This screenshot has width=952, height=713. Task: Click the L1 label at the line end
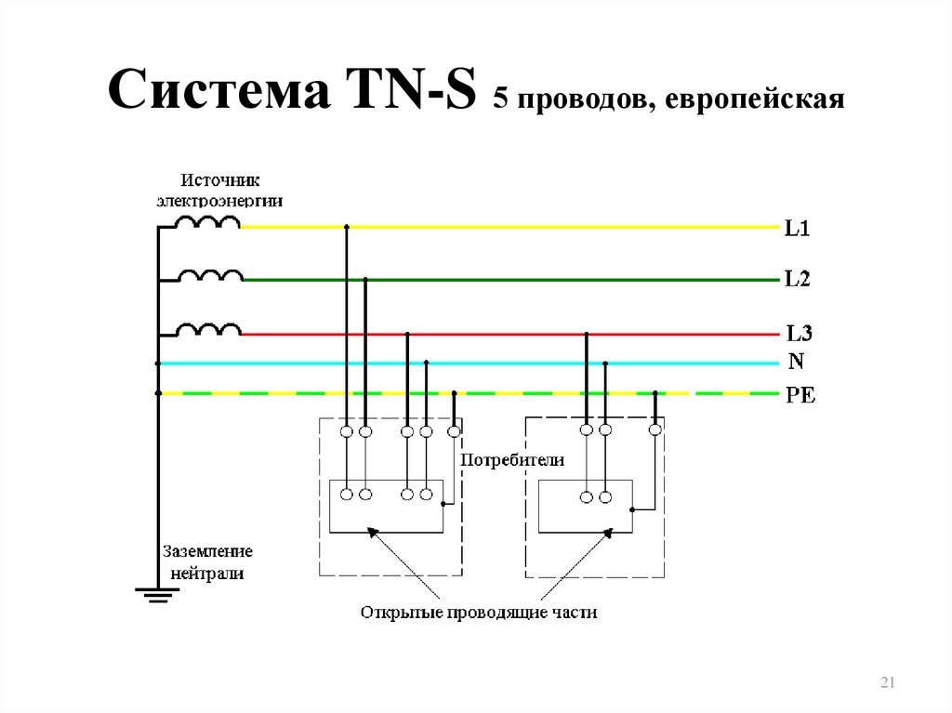(797, 229)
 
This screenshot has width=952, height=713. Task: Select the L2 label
(797, 279)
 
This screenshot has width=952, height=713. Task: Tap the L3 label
(799, 333)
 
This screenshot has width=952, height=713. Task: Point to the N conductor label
(796, 362)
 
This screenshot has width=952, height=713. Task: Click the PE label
(800, 395)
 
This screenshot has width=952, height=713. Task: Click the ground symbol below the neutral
(157, 595)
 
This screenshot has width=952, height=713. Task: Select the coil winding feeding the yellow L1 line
(207, 222)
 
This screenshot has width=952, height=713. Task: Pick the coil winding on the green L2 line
(210, 276)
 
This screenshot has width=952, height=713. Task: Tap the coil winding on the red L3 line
(209, 330)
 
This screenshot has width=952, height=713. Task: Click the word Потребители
(512, 460)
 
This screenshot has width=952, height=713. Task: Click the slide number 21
(888, 682)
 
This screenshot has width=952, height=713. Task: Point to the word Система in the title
(219, 89)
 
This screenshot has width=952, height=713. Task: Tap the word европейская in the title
(755, 99)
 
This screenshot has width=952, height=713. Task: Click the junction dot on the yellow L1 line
(347, 227)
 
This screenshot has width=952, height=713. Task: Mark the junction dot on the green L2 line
(364, 280)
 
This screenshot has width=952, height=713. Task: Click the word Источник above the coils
(219, 180)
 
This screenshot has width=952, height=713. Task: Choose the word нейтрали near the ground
(207, 574)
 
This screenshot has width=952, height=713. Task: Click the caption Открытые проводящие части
(479, 613)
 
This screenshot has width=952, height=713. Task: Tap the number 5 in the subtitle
(499, 99)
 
